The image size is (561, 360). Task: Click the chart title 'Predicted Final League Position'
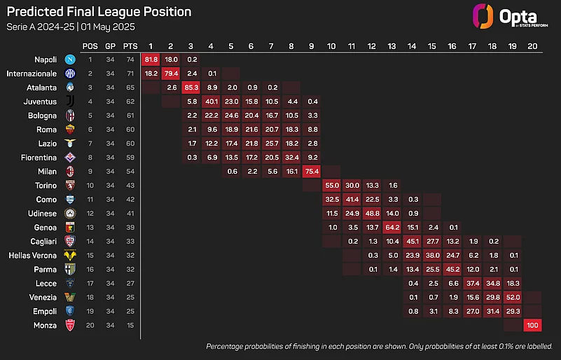click(x=99, y=12)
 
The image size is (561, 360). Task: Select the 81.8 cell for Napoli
click(x=151, y=60)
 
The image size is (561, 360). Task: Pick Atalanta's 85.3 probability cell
click(x=191, y=87)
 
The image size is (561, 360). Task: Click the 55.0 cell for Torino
click(x=332, y=186)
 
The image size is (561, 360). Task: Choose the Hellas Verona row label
click(x=31, y=256)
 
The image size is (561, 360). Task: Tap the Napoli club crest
click(x=70, y=60)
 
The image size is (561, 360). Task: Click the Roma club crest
click(x=70, y=130)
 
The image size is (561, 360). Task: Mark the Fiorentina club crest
click(x=70, y=158)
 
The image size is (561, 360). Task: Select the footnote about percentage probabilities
click(x=379, y=347)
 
